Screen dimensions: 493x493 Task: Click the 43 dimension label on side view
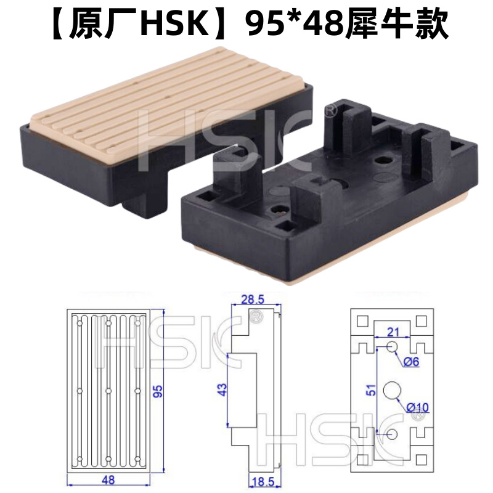222,390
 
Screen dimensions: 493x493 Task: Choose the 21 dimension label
393,333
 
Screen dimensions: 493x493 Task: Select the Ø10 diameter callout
417,407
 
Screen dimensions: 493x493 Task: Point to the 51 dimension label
368,391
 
